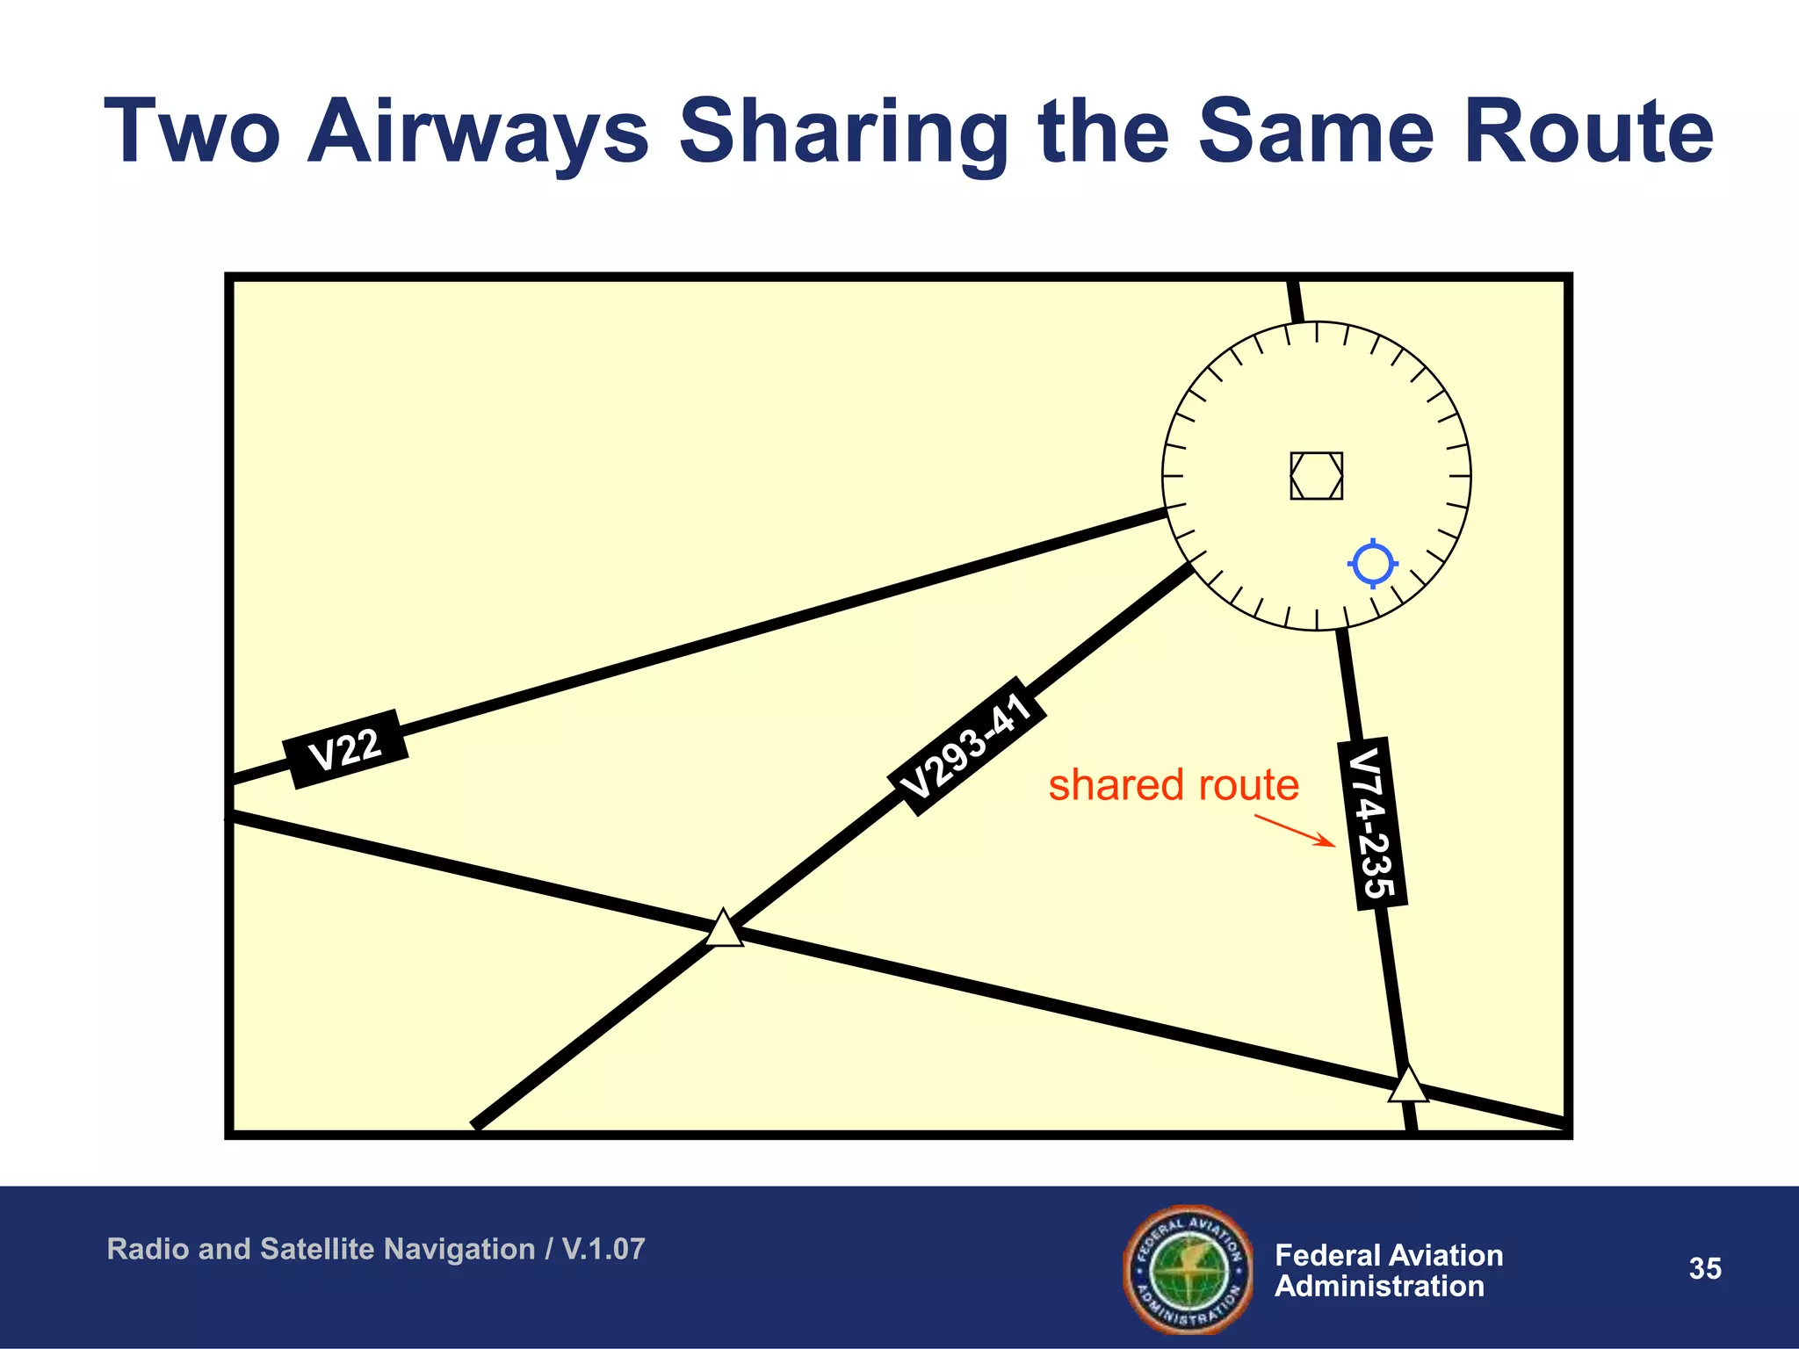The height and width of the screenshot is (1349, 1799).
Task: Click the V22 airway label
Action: tap(345, 749)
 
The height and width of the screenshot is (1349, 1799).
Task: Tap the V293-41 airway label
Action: tap(966, 747)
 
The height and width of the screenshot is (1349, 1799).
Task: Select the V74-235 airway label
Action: tap(1372, 824)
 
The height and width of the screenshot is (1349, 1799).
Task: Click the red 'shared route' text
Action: tap(1174, 784)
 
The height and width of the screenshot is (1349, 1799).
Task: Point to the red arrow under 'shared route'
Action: tap(1295, 831)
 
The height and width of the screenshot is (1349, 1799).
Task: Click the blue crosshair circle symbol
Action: tap(1373, 564)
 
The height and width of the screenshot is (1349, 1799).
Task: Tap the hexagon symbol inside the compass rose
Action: tap(1316, 476)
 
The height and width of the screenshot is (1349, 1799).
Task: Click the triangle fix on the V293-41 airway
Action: tap(725, 929)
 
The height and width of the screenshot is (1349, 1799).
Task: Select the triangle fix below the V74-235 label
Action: tap(1408, 1085)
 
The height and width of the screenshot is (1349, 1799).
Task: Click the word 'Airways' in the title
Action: tap(479, 132)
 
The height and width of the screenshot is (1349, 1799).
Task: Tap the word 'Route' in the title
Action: tap(1588, 132)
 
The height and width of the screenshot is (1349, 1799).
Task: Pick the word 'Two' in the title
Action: tap(193, 132)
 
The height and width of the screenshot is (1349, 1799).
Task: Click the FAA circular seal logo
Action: tap(1188, 1269)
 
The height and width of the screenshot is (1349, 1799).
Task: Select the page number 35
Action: tap(1705, 1268)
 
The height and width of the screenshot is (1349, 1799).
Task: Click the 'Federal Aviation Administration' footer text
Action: tap(1388, 1270)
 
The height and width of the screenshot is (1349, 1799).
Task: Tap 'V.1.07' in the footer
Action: tap(603, 1249)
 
